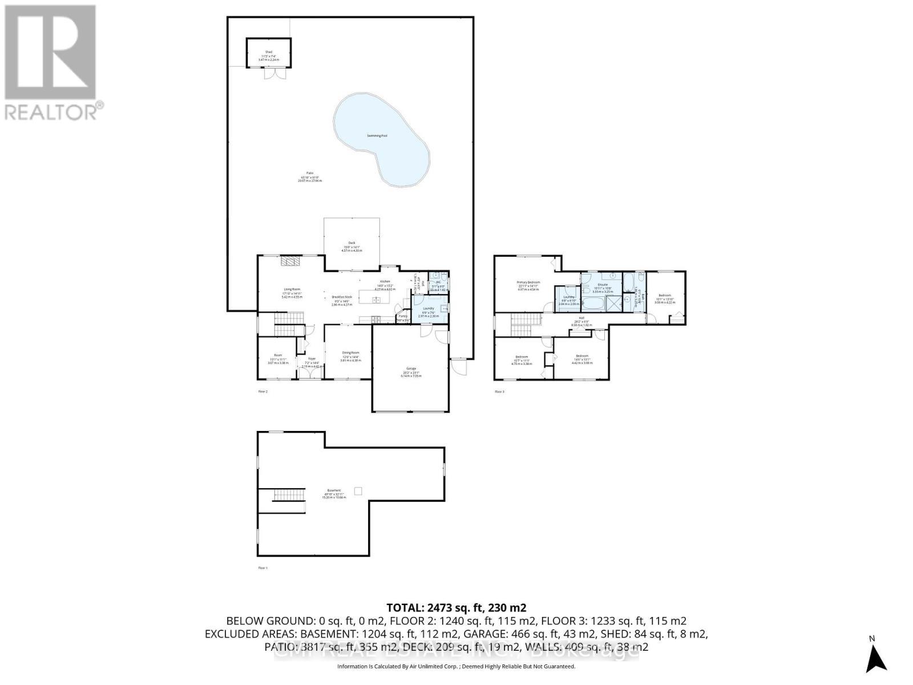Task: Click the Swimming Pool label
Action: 377,136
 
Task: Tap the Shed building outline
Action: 269,53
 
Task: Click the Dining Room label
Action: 350,353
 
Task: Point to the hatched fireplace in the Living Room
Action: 290,261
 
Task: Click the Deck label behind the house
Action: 352,243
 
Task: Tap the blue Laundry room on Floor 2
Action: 428,309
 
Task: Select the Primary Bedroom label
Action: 528,283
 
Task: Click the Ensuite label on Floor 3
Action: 603,284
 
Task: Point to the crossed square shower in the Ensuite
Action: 611,304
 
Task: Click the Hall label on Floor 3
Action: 581,318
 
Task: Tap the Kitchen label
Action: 385,282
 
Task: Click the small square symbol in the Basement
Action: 358,491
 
